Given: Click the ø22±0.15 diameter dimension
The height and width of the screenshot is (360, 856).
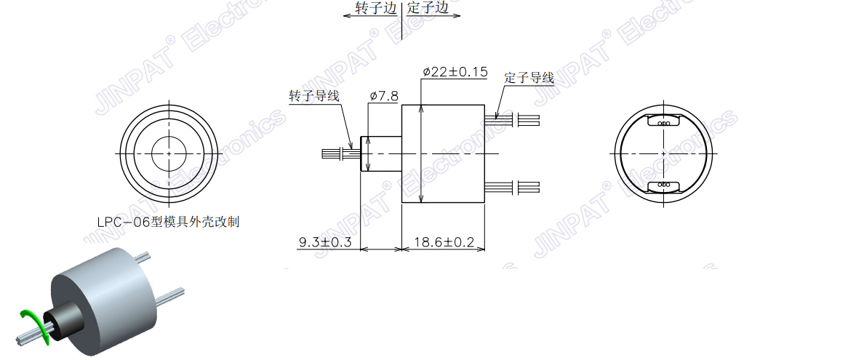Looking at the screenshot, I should coord(455,72).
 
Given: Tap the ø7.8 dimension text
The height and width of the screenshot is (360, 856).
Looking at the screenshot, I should coord(383,96).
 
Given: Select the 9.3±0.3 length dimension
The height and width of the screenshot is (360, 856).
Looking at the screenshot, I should coord(325,242).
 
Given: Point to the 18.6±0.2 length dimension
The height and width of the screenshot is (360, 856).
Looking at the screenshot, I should coord(444,242).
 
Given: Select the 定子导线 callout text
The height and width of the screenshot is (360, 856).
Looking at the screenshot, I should coord(529,78).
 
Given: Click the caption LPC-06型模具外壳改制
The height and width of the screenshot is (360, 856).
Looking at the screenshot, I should coord(168,222).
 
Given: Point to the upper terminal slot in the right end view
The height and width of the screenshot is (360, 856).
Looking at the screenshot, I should coord(663,123).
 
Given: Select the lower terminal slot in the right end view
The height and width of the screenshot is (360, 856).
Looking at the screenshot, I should coord(663,185).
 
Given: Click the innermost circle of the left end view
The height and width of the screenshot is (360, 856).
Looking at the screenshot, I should coord(169,154).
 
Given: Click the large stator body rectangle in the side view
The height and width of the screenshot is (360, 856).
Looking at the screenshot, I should coord(443,153).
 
